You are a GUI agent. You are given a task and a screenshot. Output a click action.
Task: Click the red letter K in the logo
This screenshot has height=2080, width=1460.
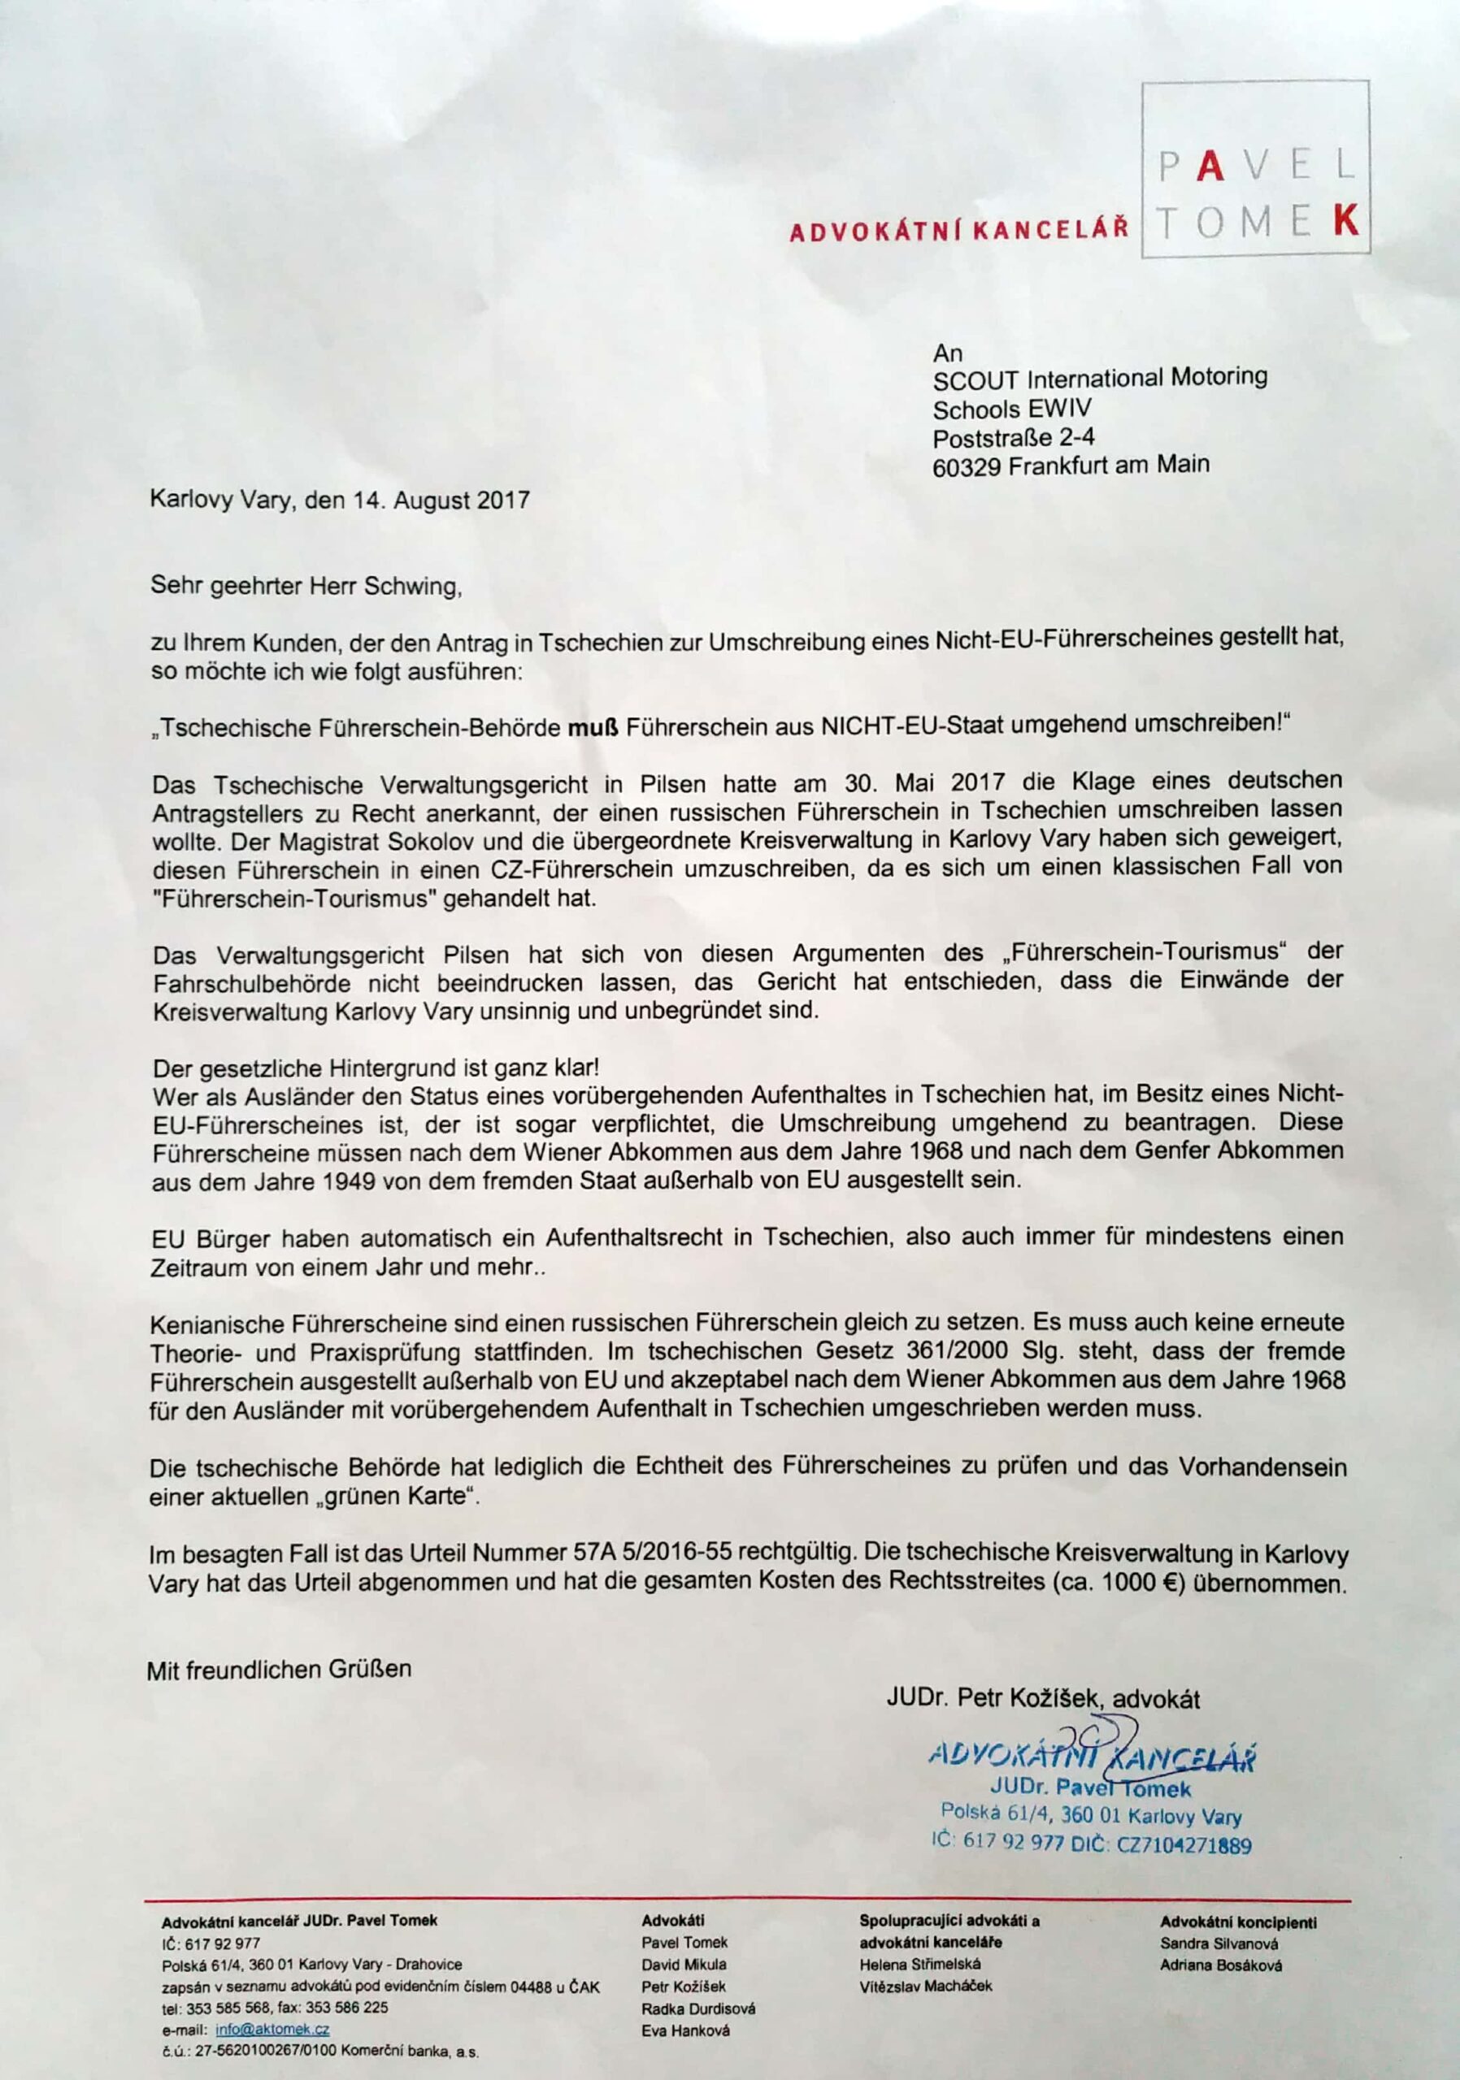click(1348, 221)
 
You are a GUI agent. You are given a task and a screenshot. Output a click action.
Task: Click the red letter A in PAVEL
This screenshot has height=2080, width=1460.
click(1212, 168)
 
